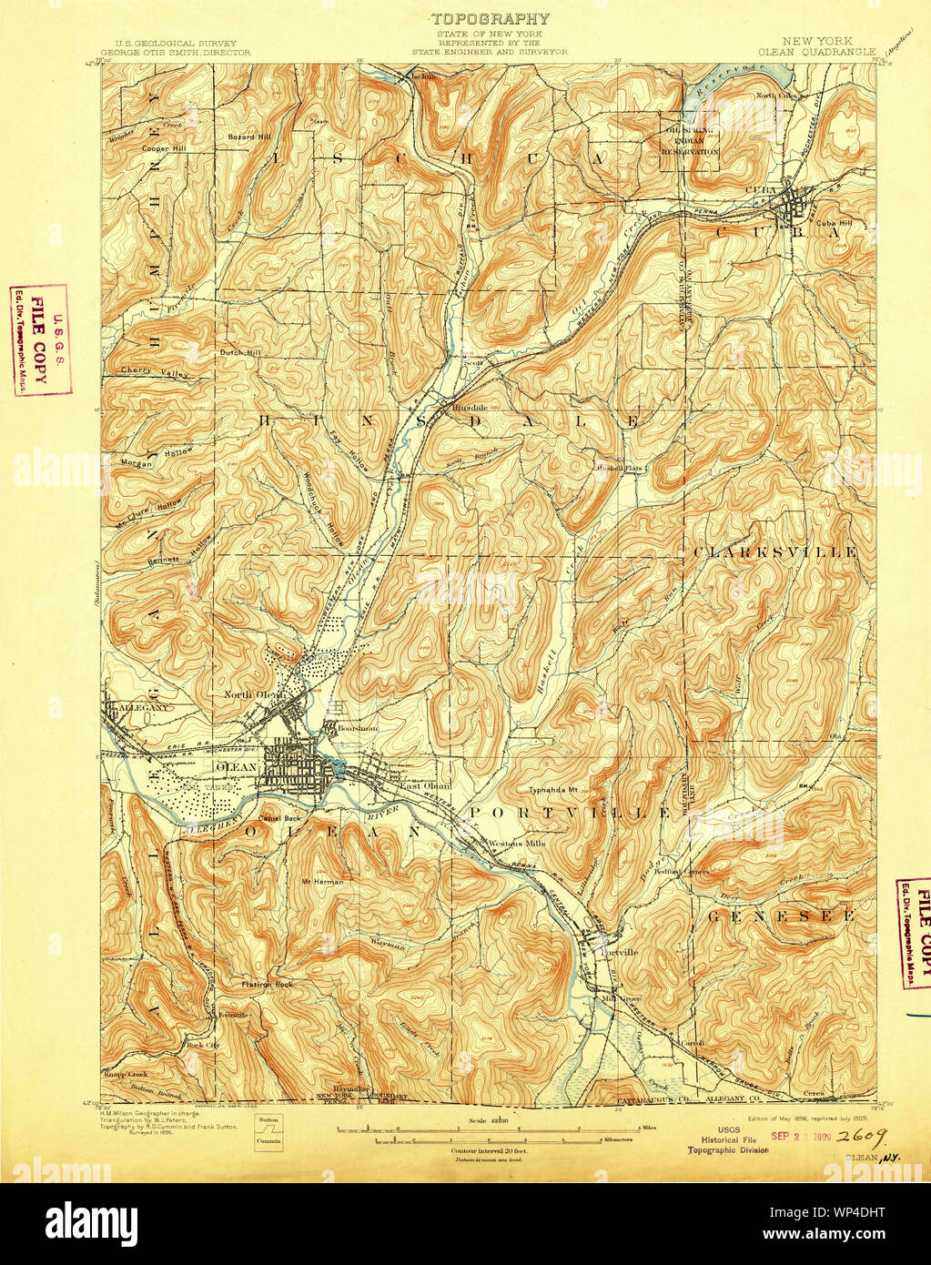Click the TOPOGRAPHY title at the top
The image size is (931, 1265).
[490, 18]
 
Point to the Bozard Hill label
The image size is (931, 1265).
[249, 137]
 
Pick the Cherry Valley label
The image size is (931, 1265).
[154, 372]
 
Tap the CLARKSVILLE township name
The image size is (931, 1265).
[774, 552]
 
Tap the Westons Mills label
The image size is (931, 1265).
[516, 844]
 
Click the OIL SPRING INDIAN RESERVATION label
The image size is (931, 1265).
[690, 141]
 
